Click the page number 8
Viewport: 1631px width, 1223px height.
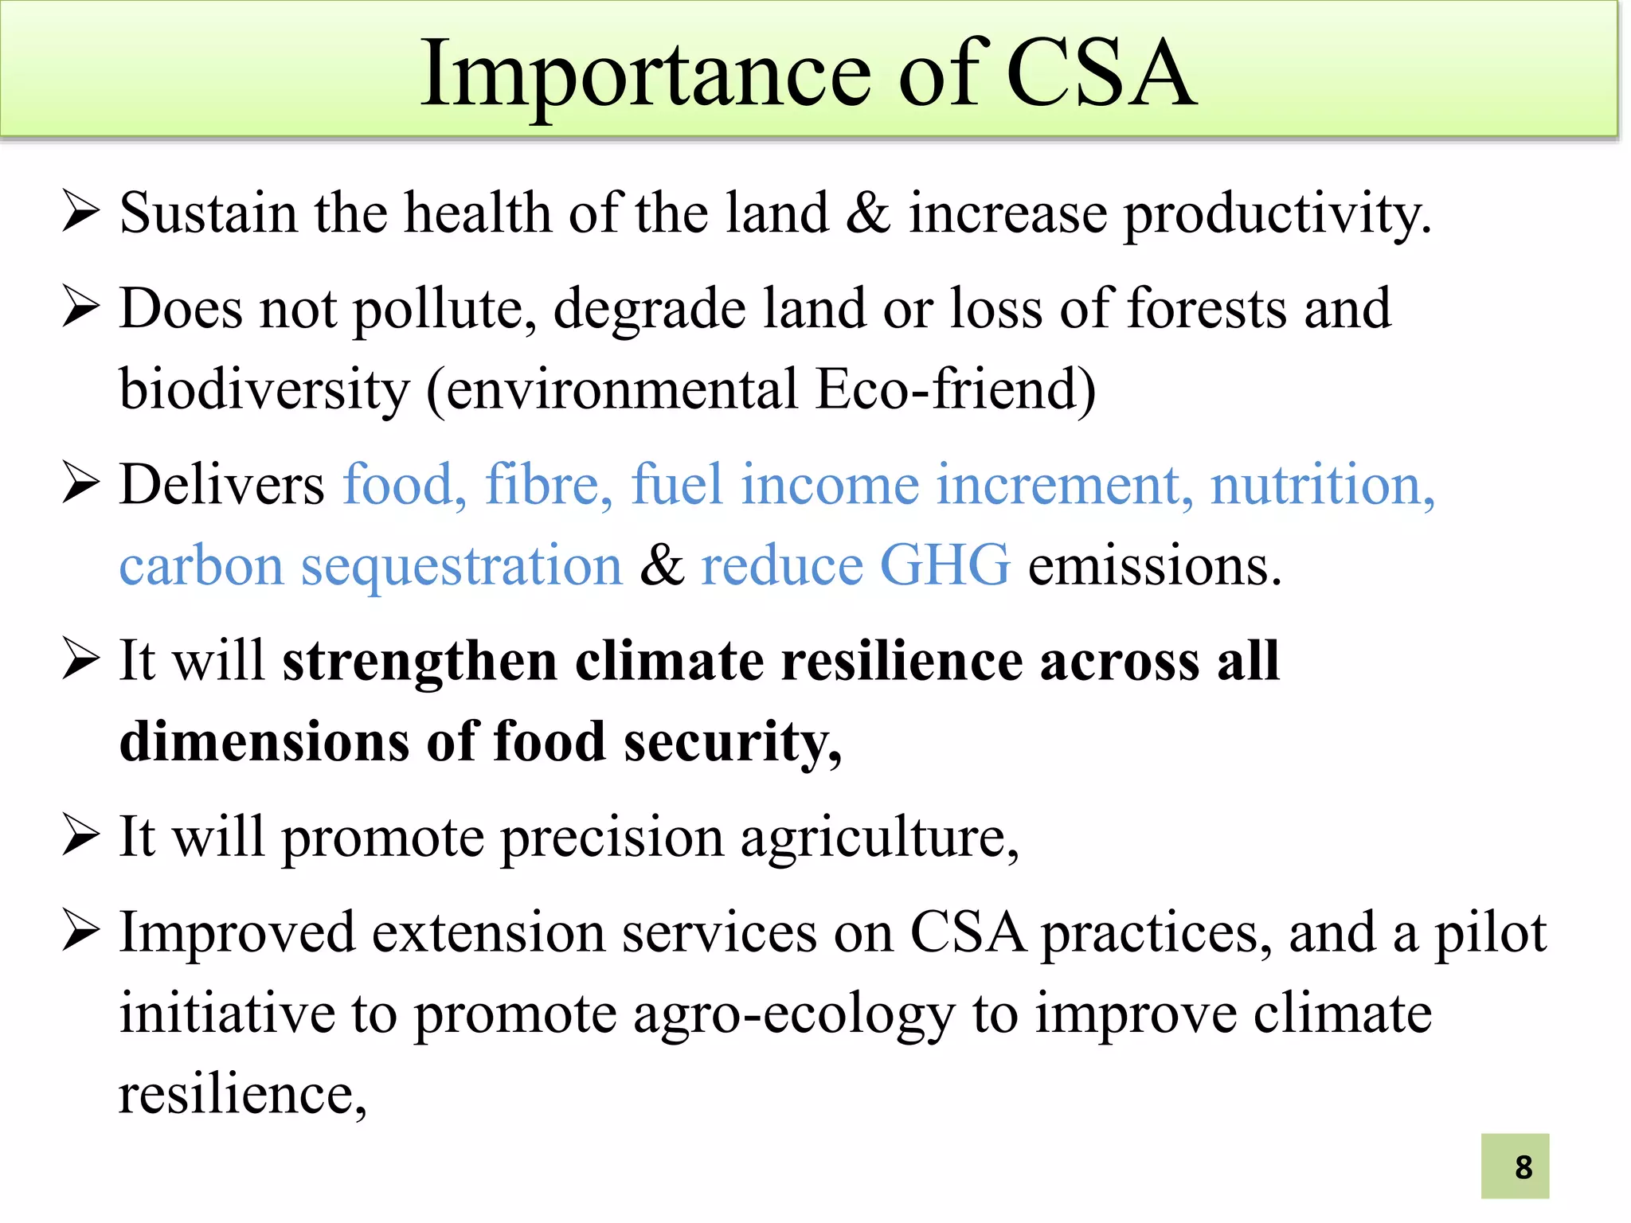(1523, 1167)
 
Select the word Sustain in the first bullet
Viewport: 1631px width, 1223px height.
(208, 213)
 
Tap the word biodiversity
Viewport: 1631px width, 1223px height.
(264, 390)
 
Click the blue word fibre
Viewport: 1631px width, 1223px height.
(549, 484)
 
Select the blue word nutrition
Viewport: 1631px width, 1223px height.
(1322, 484)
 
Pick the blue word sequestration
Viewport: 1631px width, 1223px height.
(461, 567)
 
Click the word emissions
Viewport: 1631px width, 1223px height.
(1155, 566)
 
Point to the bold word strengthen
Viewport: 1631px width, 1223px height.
(420, 661)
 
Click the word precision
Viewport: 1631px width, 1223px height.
(612, 838)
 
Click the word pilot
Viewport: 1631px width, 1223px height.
(1490, 932)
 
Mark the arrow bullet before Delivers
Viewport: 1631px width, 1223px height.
(80, 484)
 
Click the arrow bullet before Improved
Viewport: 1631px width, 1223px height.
(80, 932)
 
